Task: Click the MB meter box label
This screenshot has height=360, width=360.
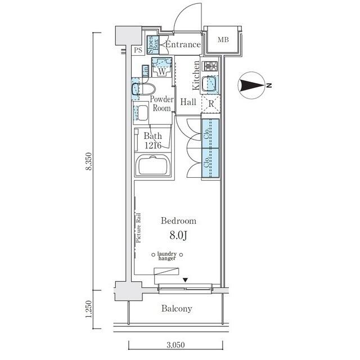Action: [x=223, y=39]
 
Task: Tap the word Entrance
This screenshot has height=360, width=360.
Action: [x=183, y=44]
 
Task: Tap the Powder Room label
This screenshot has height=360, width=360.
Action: [x=161, y=104]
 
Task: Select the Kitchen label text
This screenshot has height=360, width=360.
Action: [x=196, y=76]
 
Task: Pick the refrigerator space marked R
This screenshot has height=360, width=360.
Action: [x=211, y=103]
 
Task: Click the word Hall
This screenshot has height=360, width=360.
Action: [x=188, y=102]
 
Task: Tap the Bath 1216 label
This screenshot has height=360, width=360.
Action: [x=153, y=141]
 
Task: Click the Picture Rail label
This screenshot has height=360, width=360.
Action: [x=138, y=228]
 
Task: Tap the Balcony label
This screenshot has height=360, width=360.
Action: [x=177, y=308]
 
